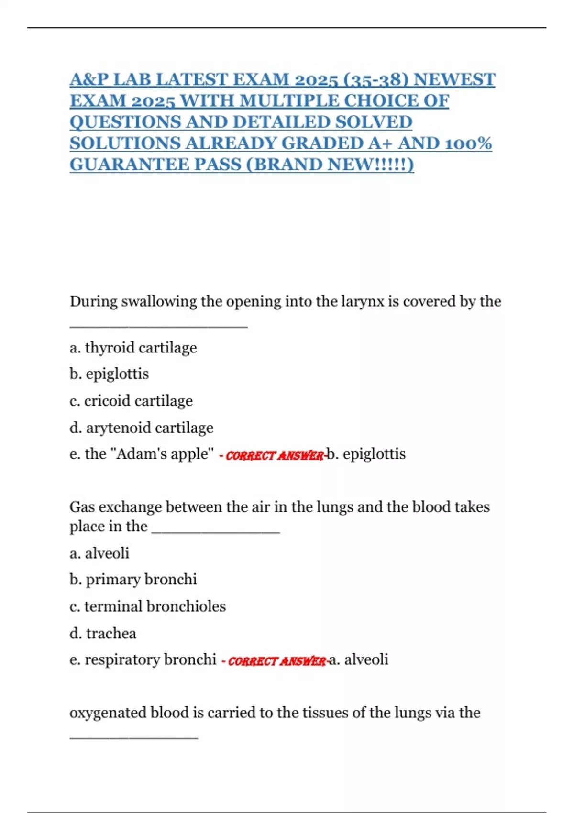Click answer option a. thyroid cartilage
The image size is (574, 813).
[x=133, y=348]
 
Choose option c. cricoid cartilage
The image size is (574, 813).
[x=131, y=401]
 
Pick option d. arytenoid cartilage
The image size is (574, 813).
[x=142, y=428]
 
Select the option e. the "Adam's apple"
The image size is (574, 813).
[x=142, y=454]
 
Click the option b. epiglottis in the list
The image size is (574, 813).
[x=109, y=374]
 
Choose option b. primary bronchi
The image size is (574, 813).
[x=133, y=580]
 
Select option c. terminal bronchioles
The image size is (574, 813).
[x=147, y=606]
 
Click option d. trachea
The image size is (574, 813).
[x=103, y=634]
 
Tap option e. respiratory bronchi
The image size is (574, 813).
[x=143, y=659]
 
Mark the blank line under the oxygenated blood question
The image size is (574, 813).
[x=133, y=738]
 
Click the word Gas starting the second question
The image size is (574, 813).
[x=82, y=507]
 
